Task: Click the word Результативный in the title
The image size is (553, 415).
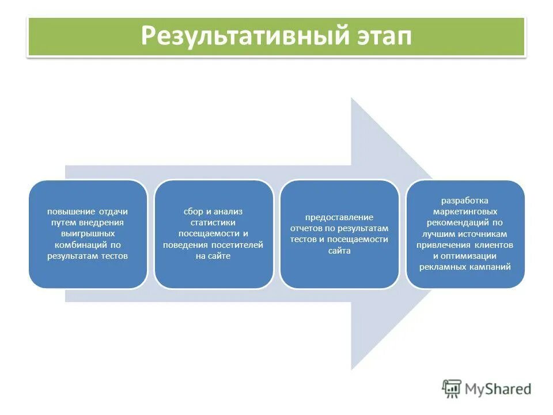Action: (241, 37)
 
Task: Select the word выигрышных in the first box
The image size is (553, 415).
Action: (88, 234)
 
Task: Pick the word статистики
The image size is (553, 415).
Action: (214, 223)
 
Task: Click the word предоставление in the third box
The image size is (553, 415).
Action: (339, 217)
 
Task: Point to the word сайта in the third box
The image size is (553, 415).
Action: (339, 251)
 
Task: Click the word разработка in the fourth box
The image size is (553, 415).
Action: (465, 201)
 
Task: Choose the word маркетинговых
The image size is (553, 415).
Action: (465, 212)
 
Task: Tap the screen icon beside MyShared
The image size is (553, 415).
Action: (452, 388)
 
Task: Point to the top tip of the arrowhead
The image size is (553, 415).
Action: (352, 98)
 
